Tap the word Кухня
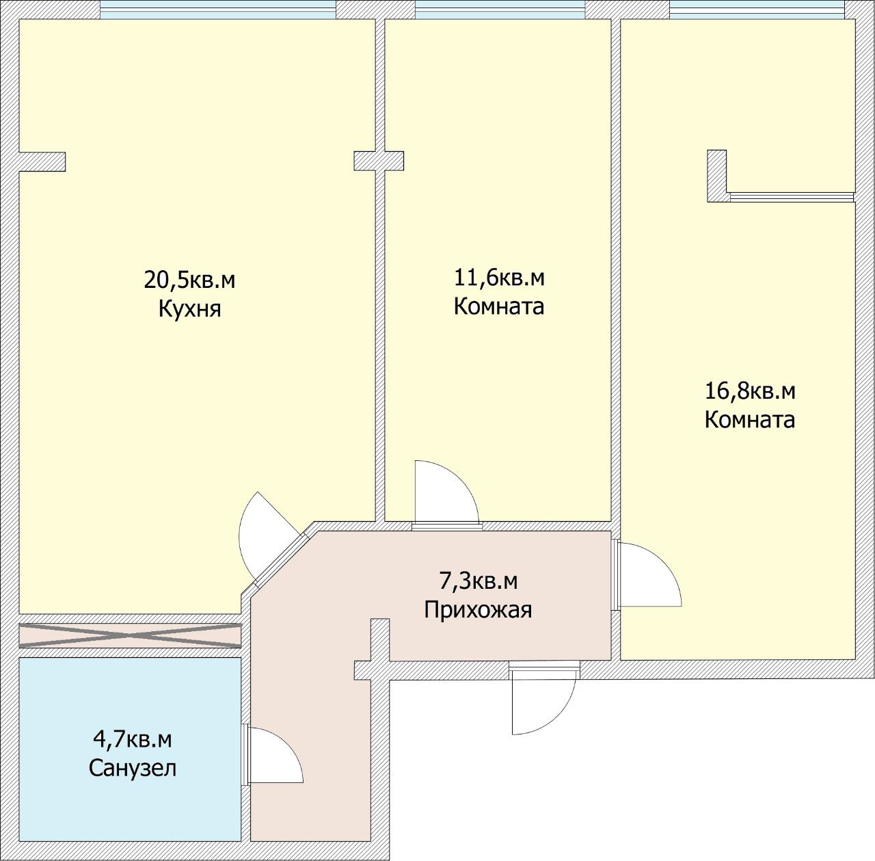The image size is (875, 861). [x=189, y=309]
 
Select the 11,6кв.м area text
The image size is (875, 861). [x=499, y=278]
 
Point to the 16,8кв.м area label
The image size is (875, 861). [x=750, y=391]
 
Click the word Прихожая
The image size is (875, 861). [x=478, y=609]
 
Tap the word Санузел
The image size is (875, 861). [x=133, y=767]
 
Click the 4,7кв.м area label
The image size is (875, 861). [x=132, y=739]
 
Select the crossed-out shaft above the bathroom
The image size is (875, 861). [x=130, y=635]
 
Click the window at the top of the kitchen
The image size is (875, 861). [x=218, y=10]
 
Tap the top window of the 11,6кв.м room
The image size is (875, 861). [x=500, y=10]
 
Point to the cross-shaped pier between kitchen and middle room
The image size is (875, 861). [x=379, y=161]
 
